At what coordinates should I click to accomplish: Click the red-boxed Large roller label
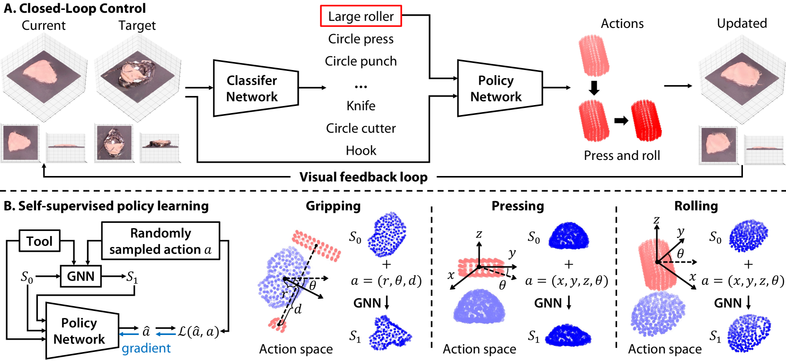coord(361,16)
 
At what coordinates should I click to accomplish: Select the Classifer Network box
coord(256,88)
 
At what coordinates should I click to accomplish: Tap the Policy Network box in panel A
coord(500,88)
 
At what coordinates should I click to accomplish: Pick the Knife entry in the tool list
coord(361,106)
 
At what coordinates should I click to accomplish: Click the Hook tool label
coord(361,150)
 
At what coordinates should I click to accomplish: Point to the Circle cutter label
coord(361,128)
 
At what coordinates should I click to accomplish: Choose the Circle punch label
coord(361,61)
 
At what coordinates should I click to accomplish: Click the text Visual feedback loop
coord(363,177)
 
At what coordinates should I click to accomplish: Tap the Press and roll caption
coord(622,155)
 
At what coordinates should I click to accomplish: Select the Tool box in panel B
coord(39,241)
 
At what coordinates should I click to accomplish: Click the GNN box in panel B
coord(81,276)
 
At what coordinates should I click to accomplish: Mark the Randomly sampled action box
coord(161,241)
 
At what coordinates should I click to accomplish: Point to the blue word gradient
coord(146,348)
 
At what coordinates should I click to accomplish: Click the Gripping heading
coord(333,206)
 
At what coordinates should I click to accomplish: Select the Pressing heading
coord(518,206)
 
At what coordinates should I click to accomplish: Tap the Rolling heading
coord(696,206)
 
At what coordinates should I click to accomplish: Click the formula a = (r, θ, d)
coord(386,281)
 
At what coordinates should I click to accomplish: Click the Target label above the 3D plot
coord(137,26)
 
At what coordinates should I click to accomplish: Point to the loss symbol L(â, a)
coord(198,331)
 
